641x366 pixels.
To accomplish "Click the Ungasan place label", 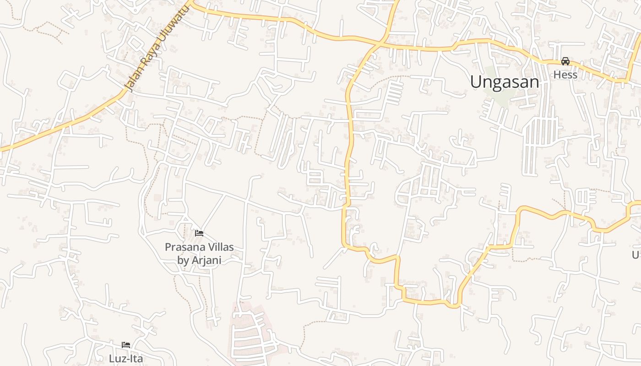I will point(504,82).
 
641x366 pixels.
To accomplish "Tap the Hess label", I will point(565,75).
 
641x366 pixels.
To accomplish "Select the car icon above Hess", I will point(565,61).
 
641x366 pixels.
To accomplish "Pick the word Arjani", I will point(206,260).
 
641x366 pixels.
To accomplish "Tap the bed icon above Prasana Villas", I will point(199,233).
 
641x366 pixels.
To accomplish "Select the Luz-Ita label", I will point(126,358).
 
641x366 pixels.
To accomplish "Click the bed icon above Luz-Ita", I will point(126,345).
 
